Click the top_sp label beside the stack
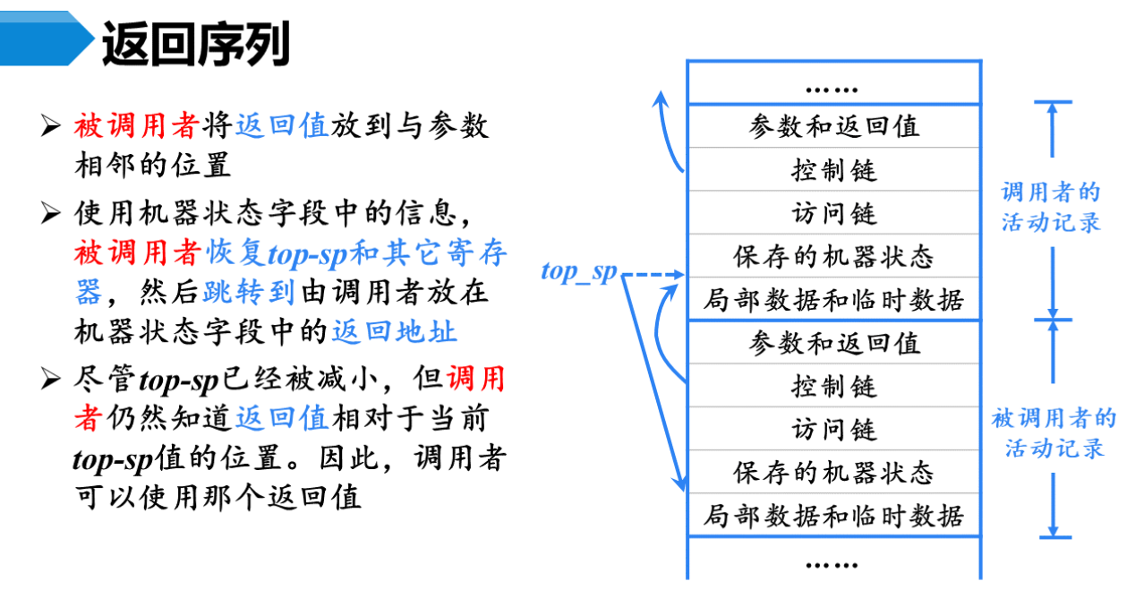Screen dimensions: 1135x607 579,272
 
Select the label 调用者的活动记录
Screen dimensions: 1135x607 1051,207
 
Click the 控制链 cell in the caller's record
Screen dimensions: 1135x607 833,169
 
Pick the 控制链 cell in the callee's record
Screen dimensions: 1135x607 833,386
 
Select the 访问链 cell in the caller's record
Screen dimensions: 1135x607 833,213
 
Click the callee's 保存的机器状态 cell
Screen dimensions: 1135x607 833,472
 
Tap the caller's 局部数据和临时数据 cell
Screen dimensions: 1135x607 833,300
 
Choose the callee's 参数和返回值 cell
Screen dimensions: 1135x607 833,343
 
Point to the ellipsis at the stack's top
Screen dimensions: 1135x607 832,89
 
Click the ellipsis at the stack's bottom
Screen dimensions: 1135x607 832,564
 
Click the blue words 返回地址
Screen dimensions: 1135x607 394,332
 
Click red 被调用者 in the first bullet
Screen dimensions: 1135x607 135,126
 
